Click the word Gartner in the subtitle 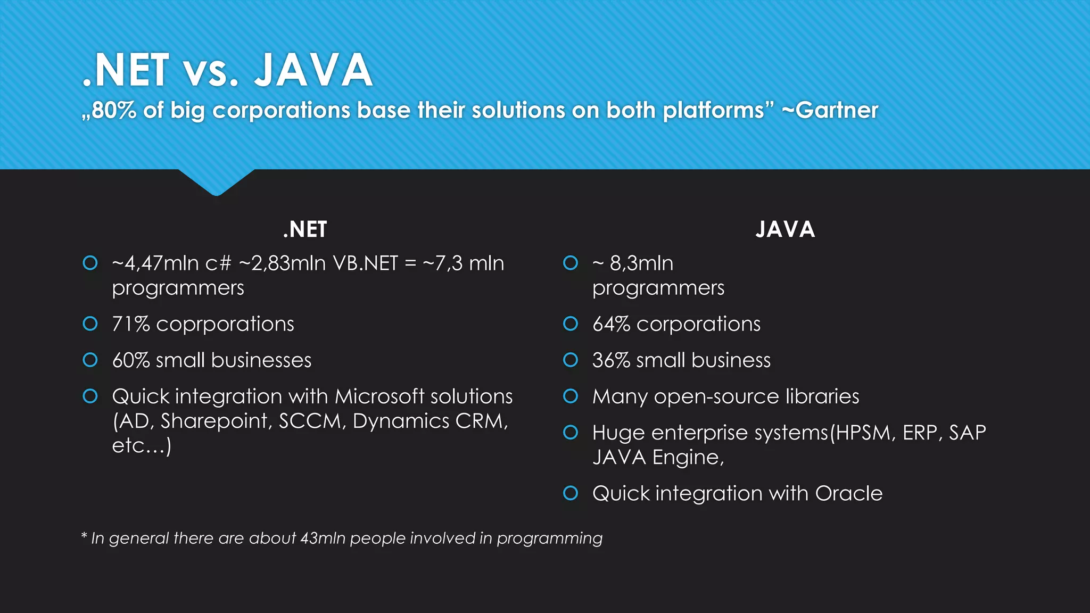836,110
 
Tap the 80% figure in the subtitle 113,110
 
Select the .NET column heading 305,229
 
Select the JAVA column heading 785,229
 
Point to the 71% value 130,324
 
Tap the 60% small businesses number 130,360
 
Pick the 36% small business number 611,360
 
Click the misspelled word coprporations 225,324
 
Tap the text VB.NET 365,263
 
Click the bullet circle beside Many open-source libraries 571,396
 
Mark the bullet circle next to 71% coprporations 90,324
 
